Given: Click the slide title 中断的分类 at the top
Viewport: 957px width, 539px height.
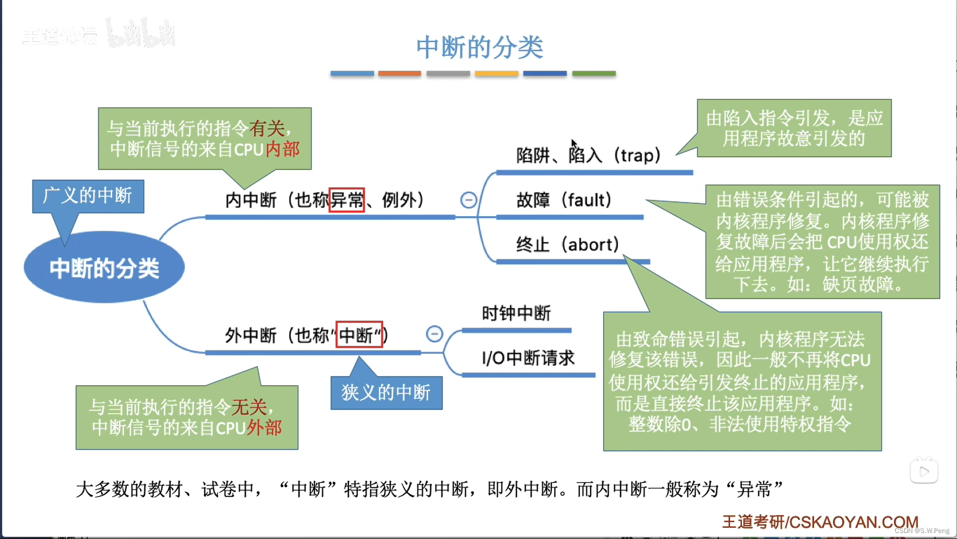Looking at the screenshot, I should [x=479, y=47].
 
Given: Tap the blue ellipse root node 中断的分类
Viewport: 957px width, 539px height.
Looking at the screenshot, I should [x=104, y=268].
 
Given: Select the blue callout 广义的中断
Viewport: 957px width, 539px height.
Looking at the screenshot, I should [x=88, y=196].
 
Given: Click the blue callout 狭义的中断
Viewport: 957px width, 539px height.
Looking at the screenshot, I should [x=386, y=393].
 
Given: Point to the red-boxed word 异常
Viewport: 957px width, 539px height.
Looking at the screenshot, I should [x=347, y=200].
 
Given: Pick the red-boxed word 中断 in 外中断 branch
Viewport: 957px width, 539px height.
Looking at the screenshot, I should [x=359, y=335].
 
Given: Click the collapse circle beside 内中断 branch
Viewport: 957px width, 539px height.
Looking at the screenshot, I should [x=469, y=200].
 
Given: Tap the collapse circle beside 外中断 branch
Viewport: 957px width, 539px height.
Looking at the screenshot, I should [x=435, y=334].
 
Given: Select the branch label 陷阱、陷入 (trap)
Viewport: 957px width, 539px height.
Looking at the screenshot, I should [x=588, y=156].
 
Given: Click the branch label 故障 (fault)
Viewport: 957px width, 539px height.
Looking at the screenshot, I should [x=564, y=200].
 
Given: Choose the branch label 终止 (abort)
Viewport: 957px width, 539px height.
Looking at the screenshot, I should [x=567, y=245].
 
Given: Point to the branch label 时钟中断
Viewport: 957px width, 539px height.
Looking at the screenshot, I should [x=516, y=313].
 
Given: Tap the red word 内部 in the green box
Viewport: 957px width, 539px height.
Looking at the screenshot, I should [x=283, y=149].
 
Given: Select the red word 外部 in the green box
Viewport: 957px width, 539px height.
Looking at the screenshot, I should [x=265, y=428].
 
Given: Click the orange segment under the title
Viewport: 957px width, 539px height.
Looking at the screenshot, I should [x=399, y=73].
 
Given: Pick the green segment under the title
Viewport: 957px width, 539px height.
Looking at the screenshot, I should [x=594, y=73].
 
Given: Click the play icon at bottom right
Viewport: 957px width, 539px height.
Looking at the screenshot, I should [x=924, y=472].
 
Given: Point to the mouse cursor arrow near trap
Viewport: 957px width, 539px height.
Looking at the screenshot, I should [x=574, y=144].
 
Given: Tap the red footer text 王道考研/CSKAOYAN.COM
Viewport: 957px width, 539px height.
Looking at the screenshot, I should [x=820, y=522].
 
